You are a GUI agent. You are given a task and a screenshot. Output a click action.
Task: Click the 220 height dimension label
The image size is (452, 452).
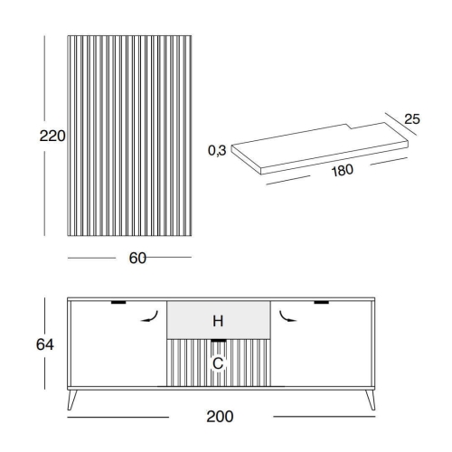click(52, 136)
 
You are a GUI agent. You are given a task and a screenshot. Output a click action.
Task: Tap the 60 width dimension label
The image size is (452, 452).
click(137, 259)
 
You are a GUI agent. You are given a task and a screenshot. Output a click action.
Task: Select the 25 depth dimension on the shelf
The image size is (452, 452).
click(412, 119)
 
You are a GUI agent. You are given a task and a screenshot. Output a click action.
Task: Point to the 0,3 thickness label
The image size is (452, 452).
click(217, 150)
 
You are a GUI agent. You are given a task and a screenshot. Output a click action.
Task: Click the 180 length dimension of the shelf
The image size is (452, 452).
click(343, 171)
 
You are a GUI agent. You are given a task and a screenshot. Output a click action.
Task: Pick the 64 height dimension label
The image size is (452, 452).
click(45, 344)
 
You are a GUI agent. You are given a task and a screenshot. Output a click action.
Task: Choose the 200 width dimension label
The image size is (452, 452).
click(220, 417)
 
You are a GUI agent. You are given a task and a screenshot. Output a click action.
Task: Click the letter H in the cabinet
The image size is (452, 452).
click(218, 321)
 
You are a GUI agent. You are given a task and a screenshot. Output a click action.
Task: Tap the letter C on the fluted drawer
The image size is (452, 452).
click(218, 363)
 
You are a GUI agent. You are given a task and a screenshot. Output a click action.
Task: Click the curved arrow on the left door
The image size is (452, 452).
click(151, 317)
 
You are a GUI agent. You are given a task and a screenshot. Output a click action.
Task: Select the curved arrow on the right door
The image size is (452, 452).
click(287, 317)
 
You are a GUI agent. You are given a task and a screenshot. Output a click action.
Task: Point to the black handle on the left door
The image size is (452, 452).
click(118, 302)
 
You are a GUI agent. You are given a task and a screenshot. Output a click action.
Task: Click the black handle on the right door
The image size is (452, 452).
click(322, 302)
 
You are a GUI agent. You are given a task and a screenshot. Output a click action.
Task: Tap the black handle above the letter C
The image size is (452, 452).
click(219, 341)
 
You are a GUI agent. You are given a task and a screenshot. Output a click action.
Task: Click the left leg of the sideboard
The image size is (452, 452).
click(71, 400)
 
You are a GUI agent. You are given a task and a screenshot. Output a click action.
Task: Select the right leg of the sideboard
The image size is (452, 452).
click(371, 400)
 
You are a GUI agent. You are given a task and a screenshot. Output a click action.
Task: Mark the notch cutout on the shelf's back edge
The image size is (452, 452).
click(349, 127)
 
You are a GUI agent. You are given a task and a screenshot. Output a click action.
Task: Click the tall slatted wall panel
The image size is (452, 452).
click(129, 136)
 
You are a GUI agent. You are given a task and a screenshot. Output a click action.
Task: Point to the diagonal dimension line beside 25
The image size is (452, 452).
click(401, 124)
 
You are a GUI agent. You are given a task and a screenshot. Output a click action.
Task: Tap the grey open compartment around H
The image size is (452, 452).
click(219, 320)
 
